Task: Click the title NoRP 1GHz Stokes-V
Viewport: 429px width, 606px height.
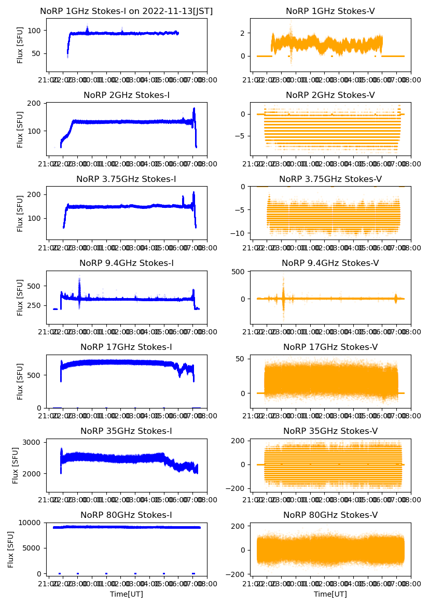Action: (330, 11)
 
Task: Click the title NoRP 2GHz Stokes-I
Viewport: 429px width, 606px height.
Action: (126, 95)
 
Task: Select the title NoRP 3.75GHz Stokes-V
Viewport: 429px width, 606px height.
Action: (330, 179)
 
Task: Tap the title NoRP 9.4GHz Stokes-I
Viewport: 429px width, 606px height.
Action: (126, 263)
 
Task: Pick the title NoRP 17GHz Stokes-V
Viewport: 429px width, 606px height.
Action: (330, 347)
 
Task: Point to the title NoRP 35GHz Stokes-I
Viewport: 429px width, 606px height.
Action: (126, 431)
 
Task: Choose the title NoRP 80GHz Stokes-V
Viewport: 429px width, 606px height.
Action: (330, 515)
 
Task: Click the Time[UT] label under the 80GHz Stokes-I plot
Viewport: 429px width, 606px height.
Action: (126, 594)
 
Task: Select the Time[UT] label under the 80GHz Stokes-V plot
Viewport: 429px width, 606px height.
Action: (330, 594)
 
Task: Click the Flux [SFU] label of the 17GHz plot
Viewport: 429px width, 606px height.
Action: (20, 381)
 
